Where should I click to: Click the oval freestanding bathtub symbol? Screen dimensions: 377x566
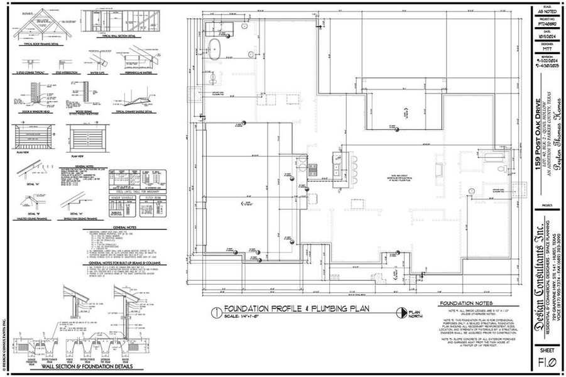(x=215, y=48)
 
